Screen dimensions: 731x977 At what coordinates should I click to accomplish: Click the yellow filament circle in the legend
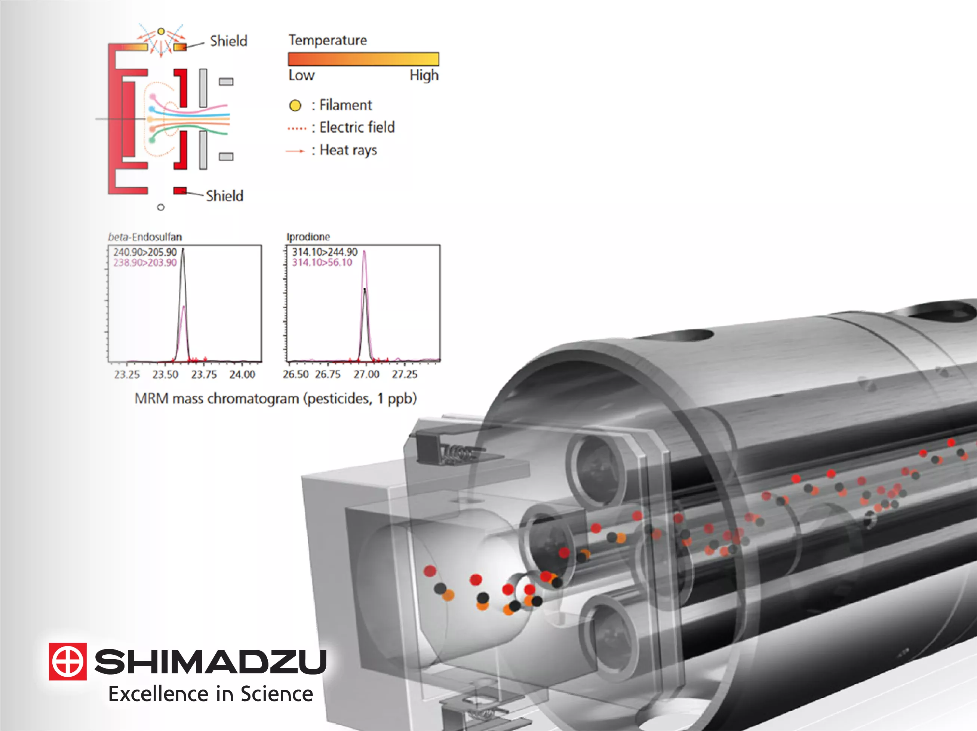coord(295,105)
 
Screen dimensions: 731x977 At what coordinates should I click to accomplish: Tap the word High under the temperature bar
coord(424,76)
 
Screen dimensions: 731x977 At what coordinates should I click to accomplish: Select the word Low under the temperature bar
coord(301,76)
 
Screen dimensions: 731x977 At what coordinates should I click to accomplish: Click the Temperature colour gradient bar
coord(363,59)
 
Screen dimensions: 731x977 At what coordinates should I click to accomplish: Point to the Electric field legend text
coord(357,128)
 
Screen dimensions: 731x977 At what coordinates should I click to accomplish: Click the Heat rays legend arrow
coord(295,151)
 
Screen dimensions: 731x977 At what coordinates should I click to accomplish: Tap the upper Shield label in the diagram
coord(228,41)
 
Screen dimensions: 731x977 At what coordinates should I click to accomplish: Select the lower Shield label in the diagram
coord(224,196)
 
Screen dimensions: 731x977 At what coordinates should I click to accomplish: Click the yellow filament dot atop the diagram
coord(161,31)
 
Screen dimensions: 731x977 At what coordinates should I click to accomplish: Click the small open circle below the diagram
coord(161,207)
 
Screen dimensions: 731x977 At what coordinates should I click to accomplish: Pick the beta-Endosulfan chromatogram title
coord(145,237)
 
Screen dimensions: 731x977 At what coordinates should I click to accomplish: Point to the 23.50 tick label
coord(165,375)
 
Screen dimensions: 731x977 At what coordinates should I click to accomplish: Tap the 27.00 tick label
coord(366,375)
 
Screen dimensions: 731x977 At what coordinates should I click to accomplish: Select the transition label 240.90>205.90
coord(145,252)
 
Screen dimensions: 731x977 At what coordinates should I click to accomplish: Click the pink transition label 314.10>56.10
coord(322,263)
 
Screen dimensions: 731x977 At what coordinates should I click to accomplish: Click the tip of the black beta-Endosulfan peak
coord(183,250)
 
